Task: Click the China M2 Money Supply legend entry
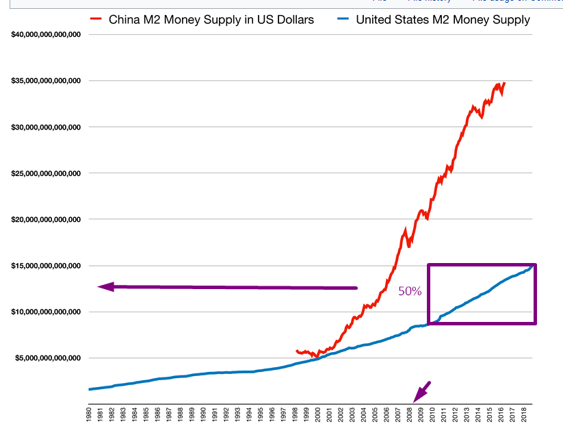(211, 20)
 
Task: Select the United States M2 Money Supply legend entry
(443, 20)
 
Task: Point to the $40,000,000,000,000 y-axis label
(47, 34)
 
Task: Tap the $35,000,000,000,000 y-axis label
(47, 81)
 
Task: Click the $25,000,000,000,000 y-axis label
(47, 173)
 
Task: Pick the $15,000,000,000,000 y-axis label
(47, 266)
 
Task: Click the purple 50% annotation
(410, 291)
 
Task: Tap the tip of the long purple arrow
(99, 287)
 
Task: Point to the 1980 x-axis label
(89, 414)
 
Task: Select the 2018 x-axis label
(524, 414)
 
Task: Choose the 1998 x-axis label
(295, 414)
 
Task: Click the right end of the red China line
(505, 84)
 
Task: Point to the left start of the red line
(296, 351)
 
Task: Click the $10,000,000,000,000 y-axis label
(47, 312)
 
